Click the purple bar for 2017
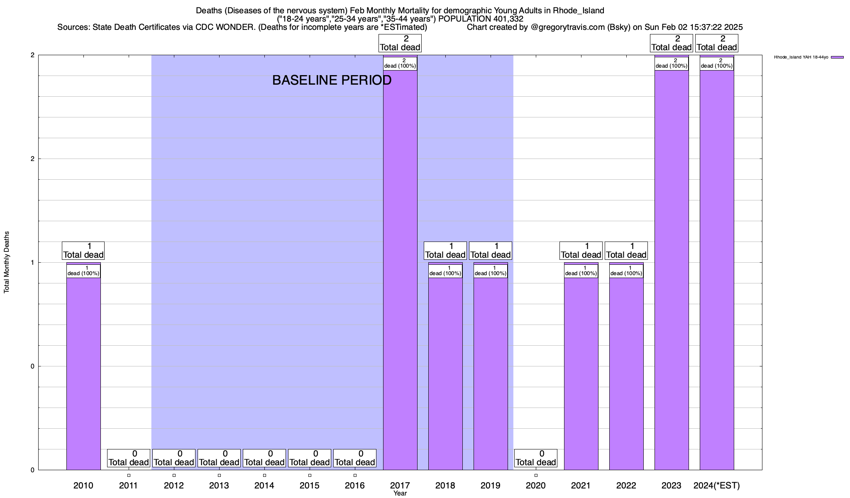click(400, 270)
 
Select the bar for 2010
click(83, 373)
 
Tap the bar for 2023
click(671, 270)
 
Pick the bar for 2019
click(490, 373)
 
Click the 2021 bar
click(581, 373)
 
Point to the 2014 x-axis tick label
click(264, 486)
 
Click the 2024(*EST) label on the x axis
click(717, 486)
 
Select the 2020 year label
click(535, 486)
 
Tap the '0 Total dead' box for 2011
click(128, 458)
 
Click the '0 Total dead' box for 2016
click(355, 458)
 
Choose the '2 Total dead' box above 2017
click(400, 43)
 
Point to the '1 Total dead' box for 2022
click(626, 251)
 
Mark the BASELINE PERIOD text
click(332, 80)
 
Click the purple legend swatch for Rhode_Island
click(837, 57)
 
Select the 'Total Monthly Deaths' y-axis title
click(7, 262)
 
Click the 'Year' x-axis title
click(400, 493)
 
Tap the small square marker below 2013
click(219, 475)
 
